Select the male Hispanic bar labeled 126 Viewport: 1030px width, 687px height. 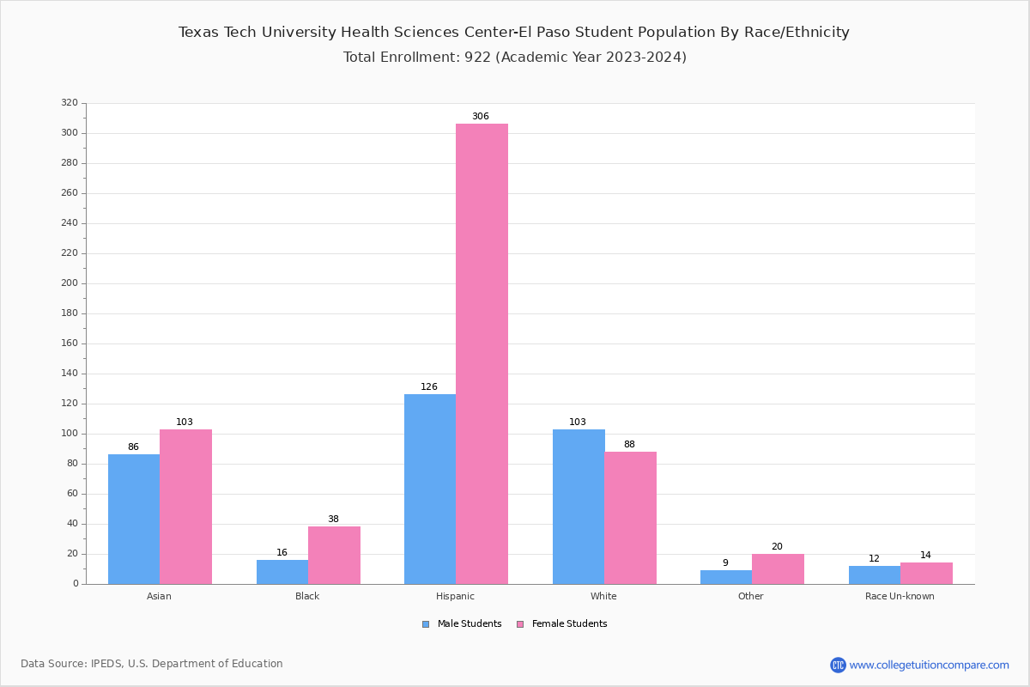coord(430,489)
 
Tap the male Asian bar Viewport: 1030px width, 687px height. coord(134,519)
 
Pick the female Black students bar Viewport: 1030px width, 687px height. coord(334,555)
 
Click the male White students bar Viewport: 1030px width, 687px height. coord(579,507)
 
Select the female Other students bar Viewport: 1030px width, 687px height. coord(778,568)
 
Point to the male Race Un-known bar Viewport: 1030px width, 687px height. coord(875,575)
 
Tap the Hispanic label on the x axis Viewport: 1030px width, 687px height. coord(455,596)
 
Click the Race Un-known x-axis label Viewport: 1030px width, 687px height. coord(900,596)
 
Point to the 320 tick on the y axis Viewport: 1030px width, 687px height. coord(70,103)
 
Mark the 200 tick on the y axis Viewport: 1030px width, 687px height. coord(70,283)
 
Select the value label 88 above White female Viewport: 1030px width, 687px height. coord(629,444)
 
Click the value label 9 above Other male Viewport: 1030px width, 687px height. coord(725,563)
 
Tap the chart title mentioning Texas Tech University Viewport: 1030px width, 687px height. coord(513,33)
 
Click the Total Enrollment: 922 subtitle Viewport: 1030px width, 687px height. coord(514,58)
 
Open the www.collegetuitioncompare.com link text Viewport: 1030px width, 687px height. coord(929,665)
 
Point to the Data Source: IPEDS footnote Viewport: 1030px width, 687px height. coord(152,664)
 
